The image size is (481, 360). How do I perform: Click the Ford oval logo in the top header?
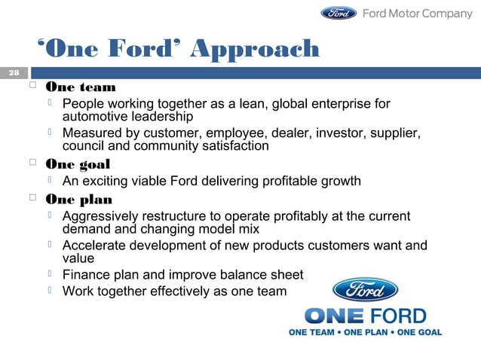(x=339, y=13)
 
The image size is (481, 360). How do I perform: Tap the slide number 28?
(x=14, y=73)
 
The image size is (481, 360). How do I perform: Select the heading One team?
(x=81, y=87)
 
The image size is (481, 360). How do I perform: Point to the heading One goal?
(x=78, y=164)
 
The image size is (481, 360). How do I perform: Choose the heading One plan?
(x=78, y=200)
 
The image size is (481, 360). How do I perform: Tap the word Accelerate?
(x=95, y=246)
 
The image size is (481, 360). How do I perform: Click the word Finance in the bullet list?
(x=87, y=275)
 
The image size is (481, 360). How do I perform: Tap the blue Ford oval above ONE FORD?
(x=365, y=290)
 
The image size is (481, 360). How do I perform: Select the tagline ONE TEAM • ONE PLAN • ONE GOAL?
(x=366, y=332)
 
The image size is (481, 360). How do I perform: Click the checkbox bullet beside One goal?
(x=32, y=164)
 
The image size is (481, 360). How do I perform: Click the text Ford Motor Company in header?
(x=417, y=13)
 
